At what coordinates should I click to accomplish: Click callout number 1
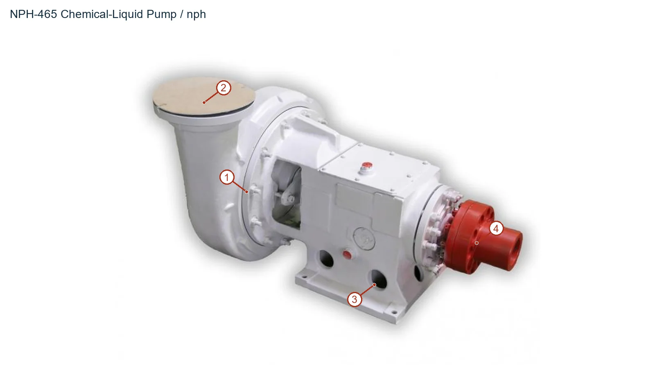[x=227, y=177]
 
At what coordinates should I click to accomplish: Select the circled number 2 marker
[x=224, y=88]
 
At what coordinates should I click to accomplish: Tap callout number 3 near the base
[x=355, y=299]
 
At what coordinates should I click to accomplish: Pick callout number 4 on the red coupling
[x=496, y=228]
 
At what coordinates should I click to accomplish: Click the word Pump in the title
[x=161, y=14]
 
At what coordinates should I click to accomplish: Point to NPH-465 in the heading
[x=33, y=14]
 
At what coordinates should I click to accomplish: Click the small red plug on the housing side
[x=347, y=255]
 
